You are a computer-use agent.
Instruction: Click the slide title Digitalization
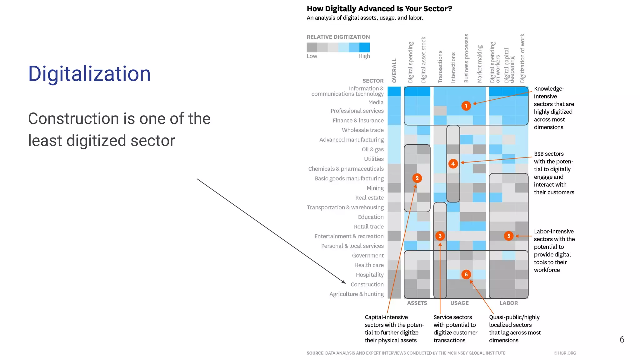point(89,74)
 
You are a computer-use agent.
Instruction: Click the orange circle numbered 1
point(466,106)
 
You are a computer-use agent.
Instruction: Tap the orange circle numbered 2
point(417,178)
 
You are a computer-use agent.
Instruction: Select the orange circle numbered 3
point(440,236)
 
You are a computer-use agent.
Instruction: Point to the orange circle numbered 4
point(453,163)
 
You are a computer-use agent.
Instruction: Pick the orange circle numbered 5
point(509,236)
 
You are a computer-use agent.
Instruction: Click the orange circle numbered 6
point(466,274)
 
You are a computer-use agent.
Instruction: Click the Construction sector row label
point(367,284)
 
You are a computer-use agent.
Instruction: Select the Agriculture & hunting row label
point(356,294)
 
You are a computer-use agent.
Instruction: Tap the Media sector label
point(376,102)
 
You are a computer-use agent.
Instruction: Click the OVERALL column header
point(394,71)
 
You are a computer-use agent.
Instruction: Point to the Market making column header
point(480,64)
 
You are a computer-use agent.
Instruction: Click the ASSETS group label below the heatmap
point(417,303)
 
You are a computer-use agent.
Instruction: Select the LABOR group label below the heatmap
point(508,303)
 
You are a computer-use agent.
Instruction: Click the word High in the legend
point(364,56)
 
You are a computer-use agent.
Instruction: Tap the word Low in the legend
point(312,56)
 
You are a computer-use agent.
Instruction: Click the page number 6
point(622,340)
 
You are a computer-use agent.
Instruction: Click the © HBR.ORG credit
point(565,353)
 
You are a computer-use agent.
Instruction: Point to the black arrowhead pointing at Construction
point(344,282)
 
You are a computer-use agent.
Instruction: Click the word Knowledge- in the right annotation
point(549,89)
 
